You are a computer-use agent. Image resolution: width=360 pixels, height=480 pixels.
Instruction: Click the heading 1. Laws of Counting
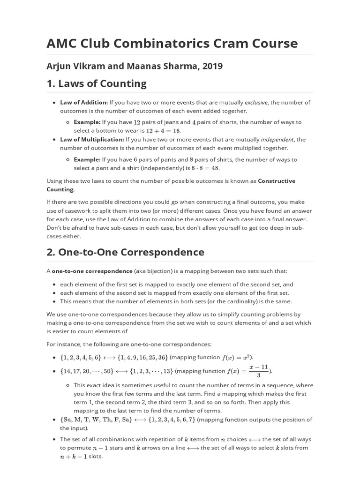[x=96, y=84]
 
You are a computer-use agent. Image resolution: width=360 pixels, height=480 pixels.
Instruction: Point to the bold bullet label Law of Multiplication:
[x=92, y=139]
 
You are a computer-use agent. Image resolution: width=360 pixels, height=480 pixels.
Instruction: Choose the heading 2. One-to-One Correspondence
[x=125, y=252]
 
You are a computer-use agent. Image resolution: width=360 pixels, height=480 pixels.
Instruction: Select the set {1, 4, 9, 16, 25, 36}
[x=141, y=357]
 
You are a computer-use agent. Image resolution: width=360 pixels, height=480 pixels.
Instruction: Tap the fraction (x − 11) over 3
[x=258, y=371]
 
